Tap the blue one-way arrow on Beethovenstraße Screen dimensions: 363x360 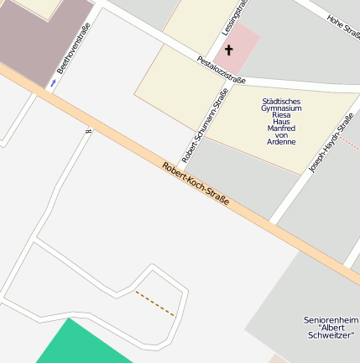point(54,83)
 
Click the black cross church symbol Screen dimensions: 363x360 point(228,50)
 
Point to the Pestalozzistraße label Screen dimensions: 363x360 point(221,70)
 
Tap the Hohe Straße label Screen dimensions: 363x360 point(344,27)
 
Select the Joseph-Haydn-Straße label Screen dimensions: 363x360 point(328,144)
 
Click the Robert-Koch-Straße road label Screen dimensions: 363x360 point(196,186)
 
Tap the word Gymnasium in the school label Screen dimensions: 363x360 point(281,109)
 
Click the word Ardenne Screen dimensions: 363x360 point(281,142)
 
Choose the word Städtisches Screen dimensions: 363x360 point(281,101)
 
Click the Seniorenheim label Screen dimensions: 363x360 point(331,320)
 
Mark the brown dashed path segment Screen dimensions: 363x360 point(155,304)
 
